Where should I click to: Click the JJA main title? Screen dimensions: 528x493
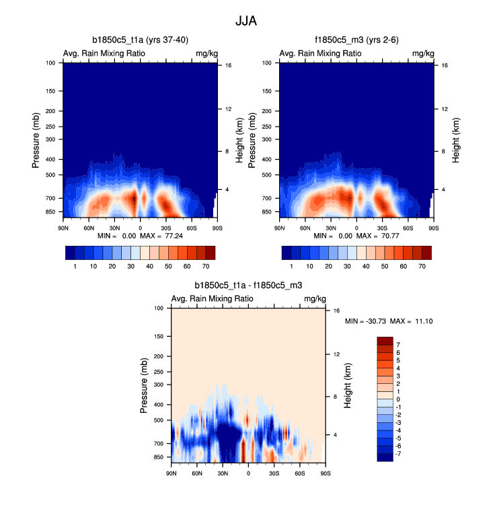click(246, 21)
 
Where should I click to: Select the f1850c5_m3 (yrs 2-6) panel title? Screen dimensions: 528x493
click(356, 40)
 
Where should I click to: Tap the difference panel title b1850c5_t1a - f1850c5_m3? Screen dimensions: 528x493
click(248, 286)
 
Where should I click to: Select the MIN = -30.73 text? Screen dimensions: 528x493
click(365, 321)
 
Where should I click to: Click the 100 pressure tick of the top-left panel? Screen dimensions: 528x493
click(51, 63)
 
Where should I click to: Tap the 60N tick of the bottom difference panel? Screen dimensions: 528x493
click(196, 473)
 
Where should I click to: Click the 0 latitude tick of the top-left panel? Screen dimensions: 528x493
click(140, 228)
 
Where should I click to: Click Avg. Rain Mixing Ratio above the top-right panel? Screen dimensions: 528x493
click(320, 53)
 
